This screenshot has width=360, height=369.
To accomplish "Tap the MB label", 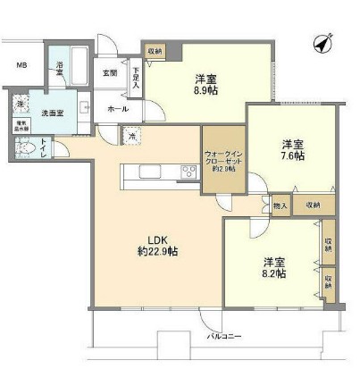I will (21, 66).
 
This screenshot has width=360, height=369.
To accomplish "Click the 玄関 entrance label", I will (109, 72).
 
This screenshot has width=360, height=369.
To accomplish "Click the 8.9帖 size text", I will (205, 89).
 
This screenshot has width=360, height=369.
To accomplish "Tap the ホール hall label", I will (117, 109).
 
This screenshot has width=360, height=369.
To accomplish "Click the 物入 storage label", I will (280, 205).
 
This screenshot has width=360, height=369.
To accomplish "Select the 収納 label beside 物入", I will (311, 205).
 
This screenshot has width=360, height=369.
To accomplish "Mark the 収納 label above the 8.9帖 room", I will (155, 51).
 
